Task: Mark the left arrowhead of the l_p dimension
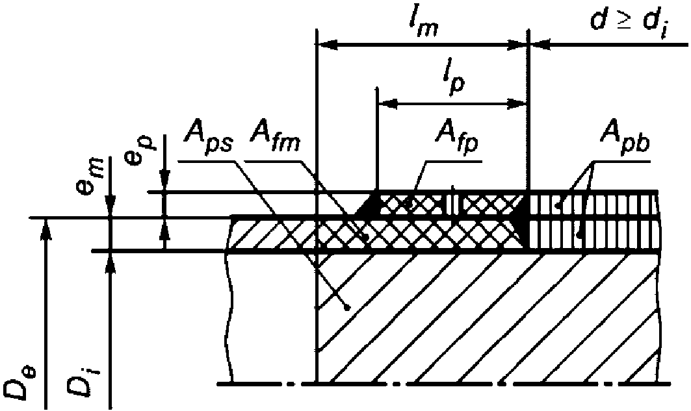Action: point(385,103)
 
